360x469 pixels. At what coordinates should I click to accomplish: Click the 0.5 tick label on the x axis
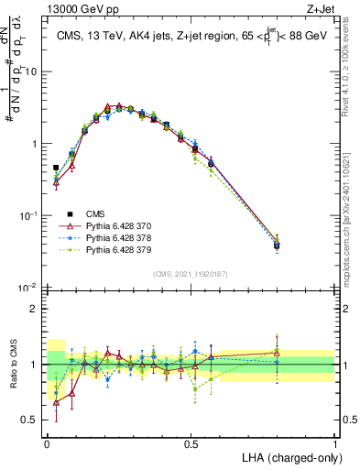click(x=191, y=443)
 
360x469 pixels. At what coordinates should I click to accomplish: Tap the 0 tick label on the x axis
click(x=47, y=443)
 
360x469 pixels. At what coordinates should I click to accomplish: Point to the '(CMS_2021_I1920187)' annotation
click(x=191, y=273)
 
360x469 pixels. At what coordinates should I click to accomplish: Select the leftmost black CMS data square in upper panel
click(x=56, y=169)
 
